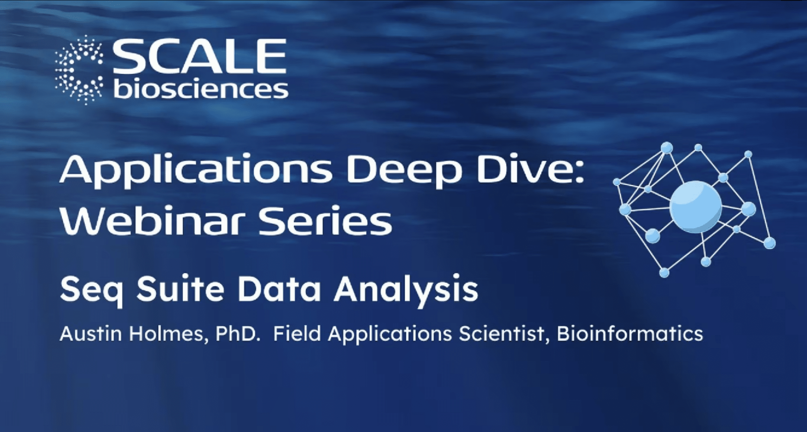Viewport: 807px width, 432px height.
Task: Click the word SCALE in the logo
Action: (x=199, y=56)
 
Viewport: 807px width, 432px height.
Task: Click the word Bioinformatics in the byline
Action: (x=630, y=334)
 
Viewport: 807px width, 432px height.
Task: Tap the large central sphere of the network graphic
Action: (x=695, y=207)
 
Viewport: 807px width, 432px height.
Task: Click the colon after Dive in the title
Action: (x=579, y=173)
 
